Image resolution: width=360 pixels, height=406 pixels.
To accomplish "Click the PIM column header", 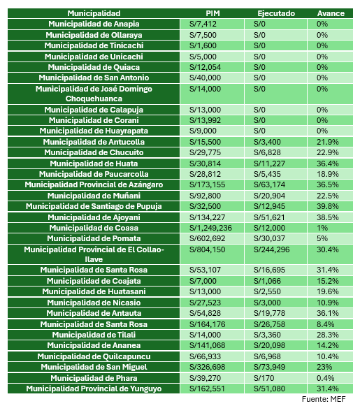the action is coord(213,13).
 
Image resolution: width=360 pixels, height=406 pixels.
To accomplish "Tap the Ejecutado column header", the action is coord(276,13).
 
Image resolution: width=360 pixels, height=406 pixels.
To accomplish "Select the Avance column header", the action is coord(331,13).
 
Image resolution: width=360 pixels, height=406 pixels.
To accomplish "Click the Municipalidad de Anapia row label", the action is coord(94,24).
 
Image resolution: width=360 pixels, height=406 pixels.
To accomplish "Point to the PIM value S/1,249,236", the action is coord(210,228).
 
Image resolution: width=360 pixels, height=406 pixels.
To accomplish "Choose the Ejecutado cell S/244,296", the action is coord(272,249).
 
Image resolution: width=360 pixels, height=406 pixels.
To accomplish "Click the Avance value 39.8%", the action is coord(327,206).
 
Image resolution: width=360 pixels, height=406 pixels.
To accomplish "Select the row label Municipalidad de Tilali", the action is coord(94,335).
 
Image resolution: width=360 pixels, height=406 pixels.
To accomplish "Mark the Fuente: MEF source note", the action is coord(324,399).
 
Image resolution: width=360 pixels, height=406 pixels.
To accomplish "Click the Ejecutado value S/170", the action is coord(264,378).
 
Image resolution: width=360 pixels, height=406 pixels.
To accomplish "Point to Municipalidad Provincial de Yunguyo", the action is coord(94,389).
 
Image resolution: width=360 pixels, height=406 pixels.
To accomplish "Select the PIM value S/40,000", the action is coord(205,78).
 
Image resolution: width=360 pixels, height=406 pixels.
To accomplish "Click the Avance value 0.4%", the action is coord(325,378).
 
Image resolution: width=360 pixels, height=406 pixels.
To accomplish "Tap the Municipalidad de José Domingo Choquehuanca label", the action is coord(94,94).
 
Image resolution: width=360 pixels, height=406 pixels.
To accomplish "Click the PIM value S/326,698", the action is coord(207,367).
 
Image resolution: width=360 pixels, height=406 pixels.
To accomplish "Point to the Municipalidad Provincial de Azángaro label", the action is coord(94,184).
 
